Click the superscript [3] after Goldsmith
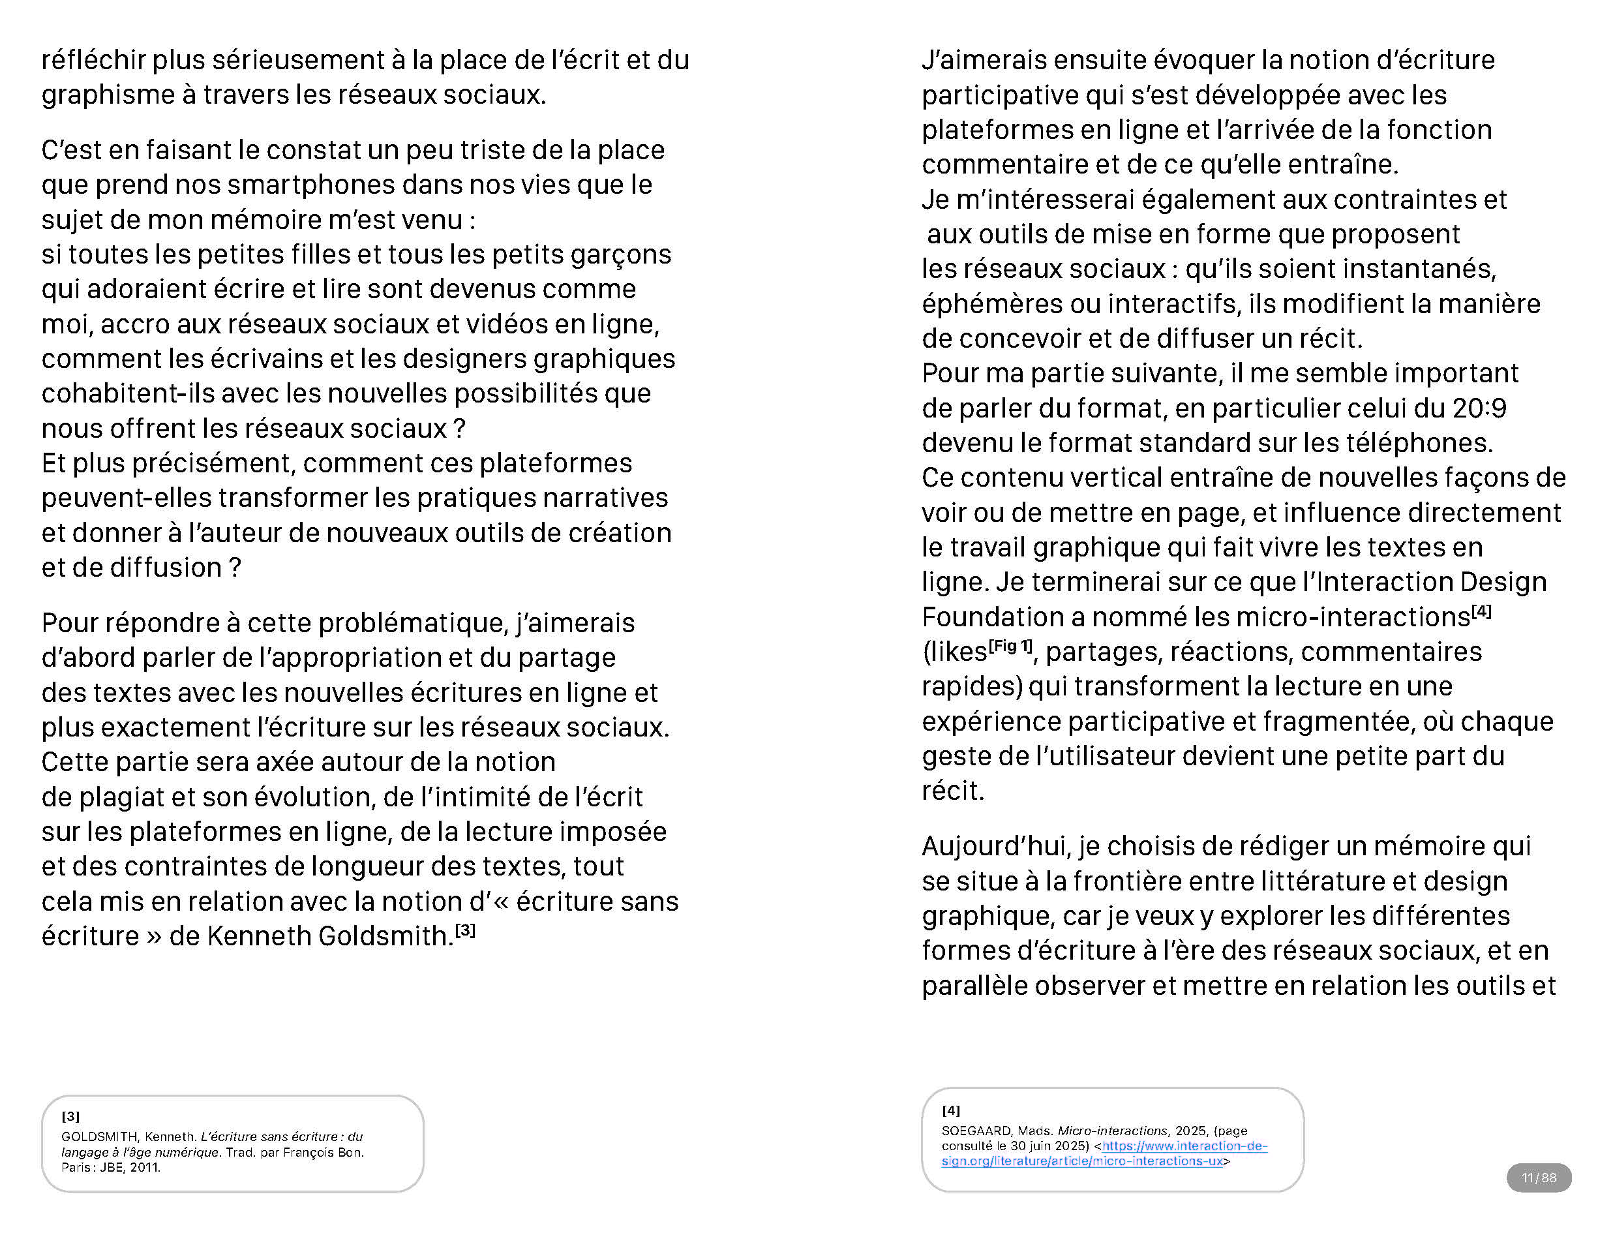click(465, 930)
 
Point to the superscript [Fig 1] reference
click(1010, 646)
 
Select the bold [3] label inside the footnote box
click(70, 1116)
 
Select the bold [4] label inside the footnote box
click(950, 1110)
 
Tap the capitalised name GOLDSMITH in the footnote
click(99, 1137)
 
